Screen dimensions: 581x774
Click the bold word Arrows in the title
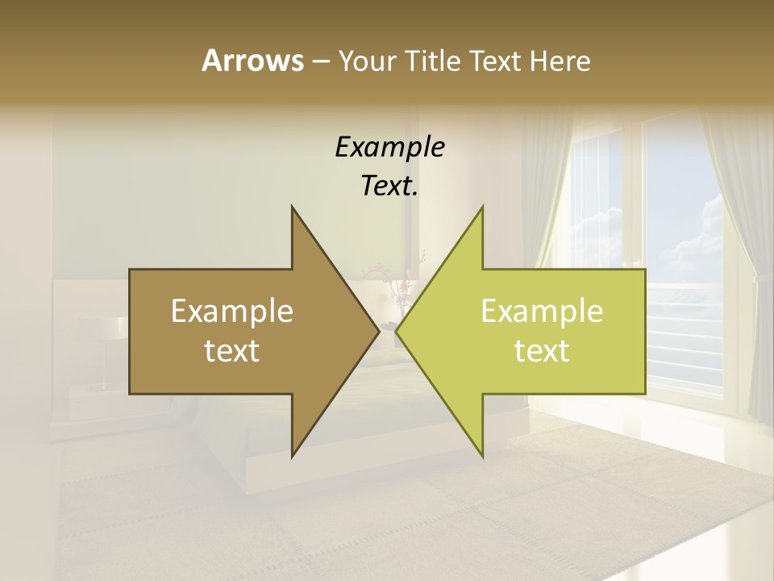[252, 60]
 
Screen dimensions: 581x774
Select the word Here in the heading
[560, 61]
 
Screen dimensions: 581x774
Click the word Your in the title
[366, 61]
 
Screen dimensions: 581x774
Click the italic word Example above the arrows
[389, 147]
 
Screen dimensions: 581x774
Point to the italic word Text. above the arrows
[389, 186]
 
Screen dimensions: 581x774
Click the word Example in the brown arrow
[232, 311]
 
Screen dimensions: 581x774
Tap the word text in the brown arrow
[232, 351]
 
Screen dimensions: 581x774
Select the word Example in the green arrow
[542, 311]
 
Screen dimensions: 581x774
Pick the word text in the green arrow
[542, 351]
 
